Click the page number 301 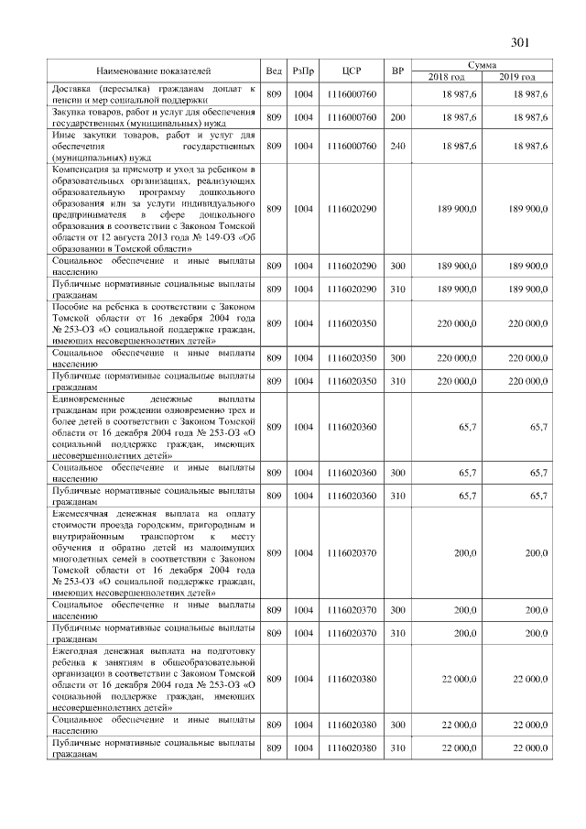(x=520, y=41)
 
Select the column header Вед (x=274, y=71)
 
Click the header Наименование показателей (x=154, y=71)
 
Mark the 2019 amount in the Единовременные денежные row (x=536, y=427)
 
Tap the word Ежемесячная (x=83, y=515)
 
